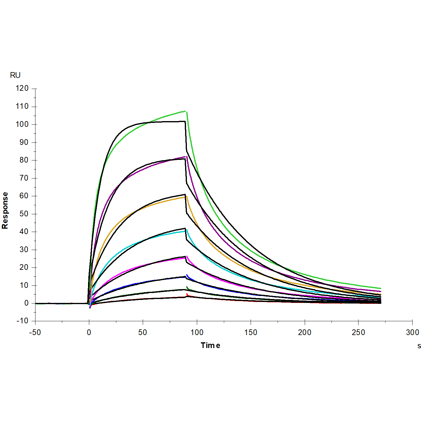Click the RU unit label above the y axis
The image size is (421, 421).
15,75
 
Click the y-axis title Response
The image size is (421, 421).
5,210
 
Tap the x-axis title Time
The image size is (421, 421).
210,345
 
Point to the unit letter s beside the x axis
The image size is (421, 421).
419,346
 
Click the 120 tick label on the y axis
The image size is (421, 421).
22,88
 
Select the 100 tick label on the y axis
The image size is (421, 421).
22,124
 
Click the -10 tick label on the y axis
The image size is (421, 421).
22,321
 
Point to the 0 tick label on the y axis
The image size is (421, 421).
26,303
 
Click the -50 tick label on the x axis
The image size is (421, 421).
35,332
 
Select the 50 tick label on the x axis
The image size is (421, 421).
143,332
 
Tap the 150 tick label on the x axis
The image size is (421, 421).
251,332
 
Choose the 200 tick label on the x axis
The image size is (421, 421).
305,332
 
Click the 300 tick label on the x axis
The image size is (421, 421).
412,332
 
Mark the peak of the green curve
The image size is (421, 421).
185,111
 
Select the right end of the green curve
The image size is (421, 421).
380,288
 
